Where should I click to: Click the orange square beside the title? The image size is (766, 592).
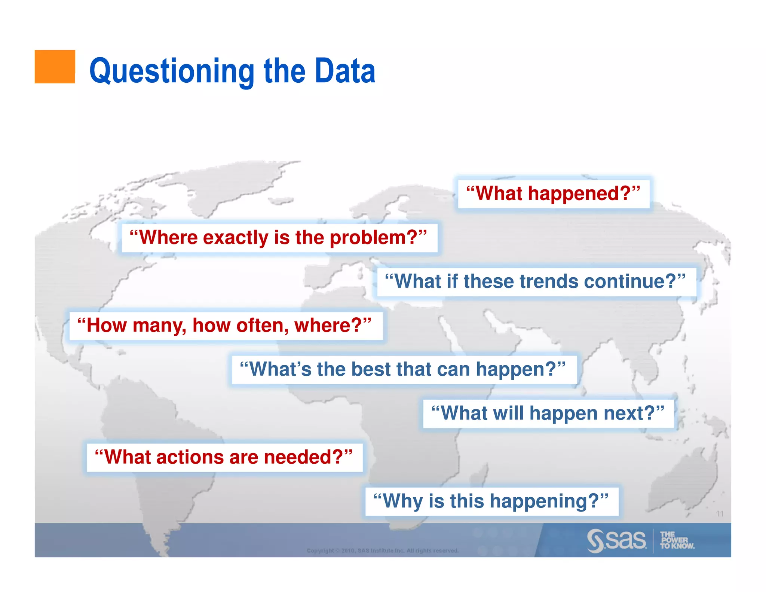55,66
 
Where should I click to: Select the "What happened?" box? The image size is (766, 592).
553,193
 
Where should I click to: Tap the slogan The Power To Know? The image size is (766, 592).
677,540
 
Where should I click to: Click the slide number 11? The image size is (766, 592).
720,513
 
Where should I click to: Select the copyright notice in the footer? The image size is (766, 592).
382,550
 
